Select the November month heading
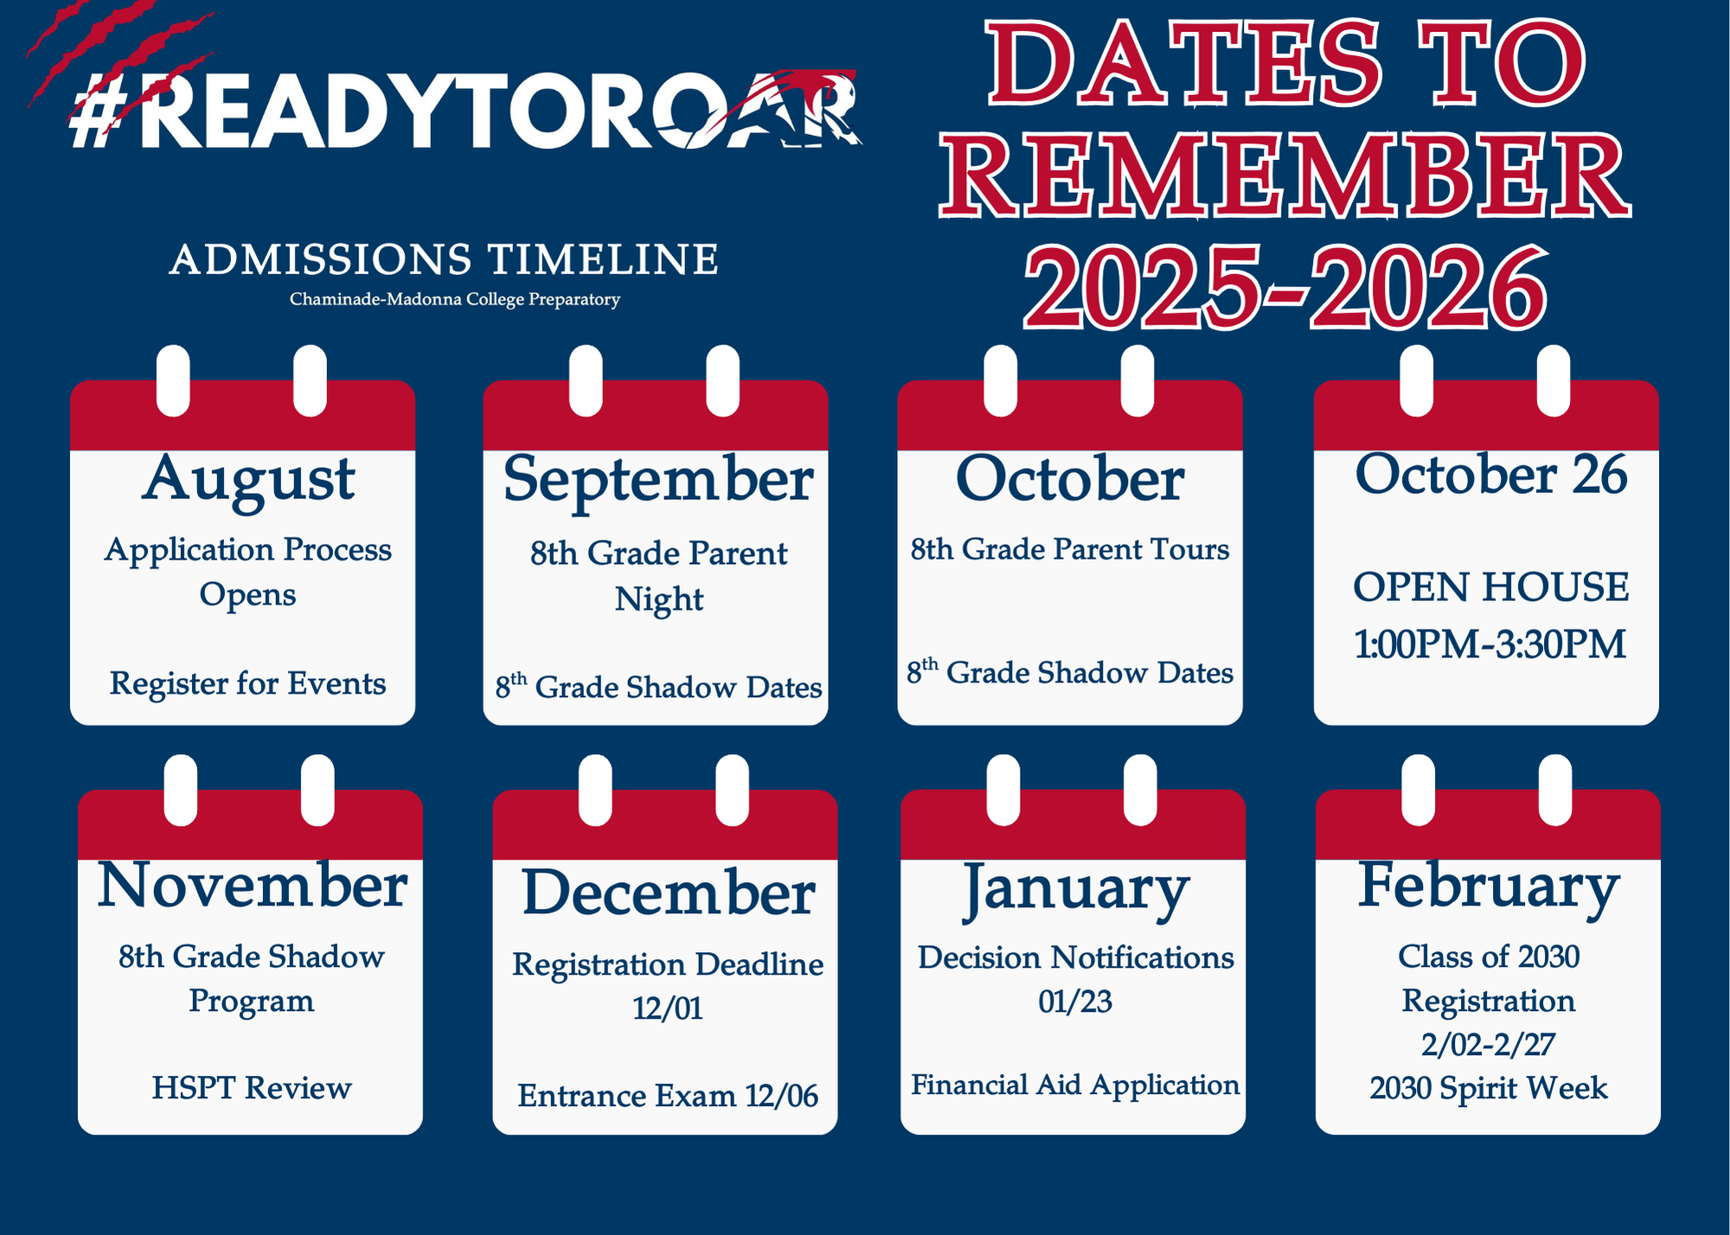(x=252, y=886)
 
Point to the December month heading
(x=668, y=892)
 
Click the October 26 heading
(x=1490, y=475)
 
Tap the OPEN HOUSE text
(x=1490, y=587)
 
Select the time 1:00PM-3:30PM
(x=1490, y=644)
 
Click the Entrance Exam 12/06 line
(x=668, y=1096)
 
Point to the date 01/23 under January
(x=1075, y=1001)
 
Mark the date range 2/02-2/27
(x=1488, y=1044)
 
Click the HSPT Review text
(x=252, y=1088)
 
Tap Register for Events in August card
(x=247, y=684)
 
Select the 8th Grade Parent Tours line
(x=1070, y=549)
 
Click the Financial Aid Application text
(x=1075, y=1085)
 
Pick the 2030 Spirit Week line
(x=1488, y=1088)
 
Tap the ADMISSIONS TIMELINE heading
(x=444, y=259)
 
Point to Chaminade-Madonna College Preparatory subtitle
(x=455, y=299)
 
